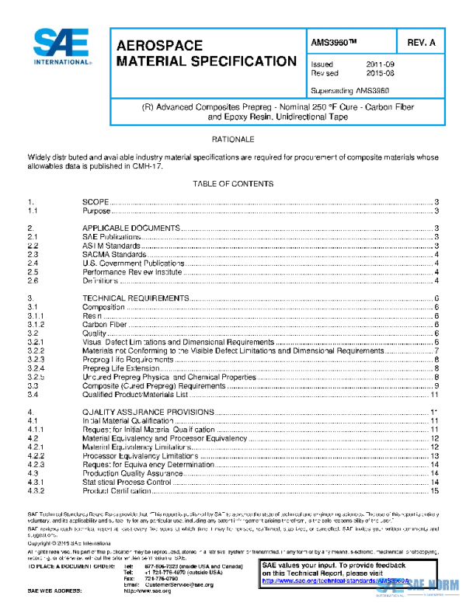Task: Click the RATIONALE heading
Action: pyautogui.click(x=233, y=139)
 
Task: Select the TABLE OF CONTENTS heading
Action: pyautogui.click(x=233, y=184)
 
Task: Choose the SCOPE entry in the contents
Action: pyautogui.click(x=96, y=202)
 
